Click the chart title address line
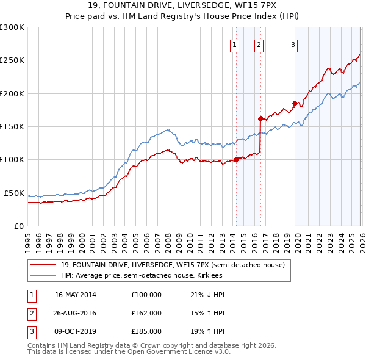(x=182, y=6)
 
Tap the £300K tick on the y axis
(x=12, y=27)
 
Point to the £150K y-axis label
(x=12, y=126)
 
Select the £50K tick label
(x=14, y=193)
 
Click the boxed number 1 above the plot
(x=235, y=44)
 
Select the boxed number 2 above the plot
(x=259, y=44)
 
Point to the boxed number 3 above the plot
(x=293, y=44)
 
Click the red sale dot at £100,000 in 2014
(x=236, y=160)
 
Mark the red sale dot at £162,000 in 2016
(x=260, y=118)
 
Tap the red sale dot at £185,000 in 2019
(x=295, y=103)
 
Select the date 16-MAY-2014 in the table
(x=75, y=295)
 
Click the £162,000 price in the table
(x=146, y=313)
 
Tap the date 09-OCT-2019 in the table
(x=75, y=331)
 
